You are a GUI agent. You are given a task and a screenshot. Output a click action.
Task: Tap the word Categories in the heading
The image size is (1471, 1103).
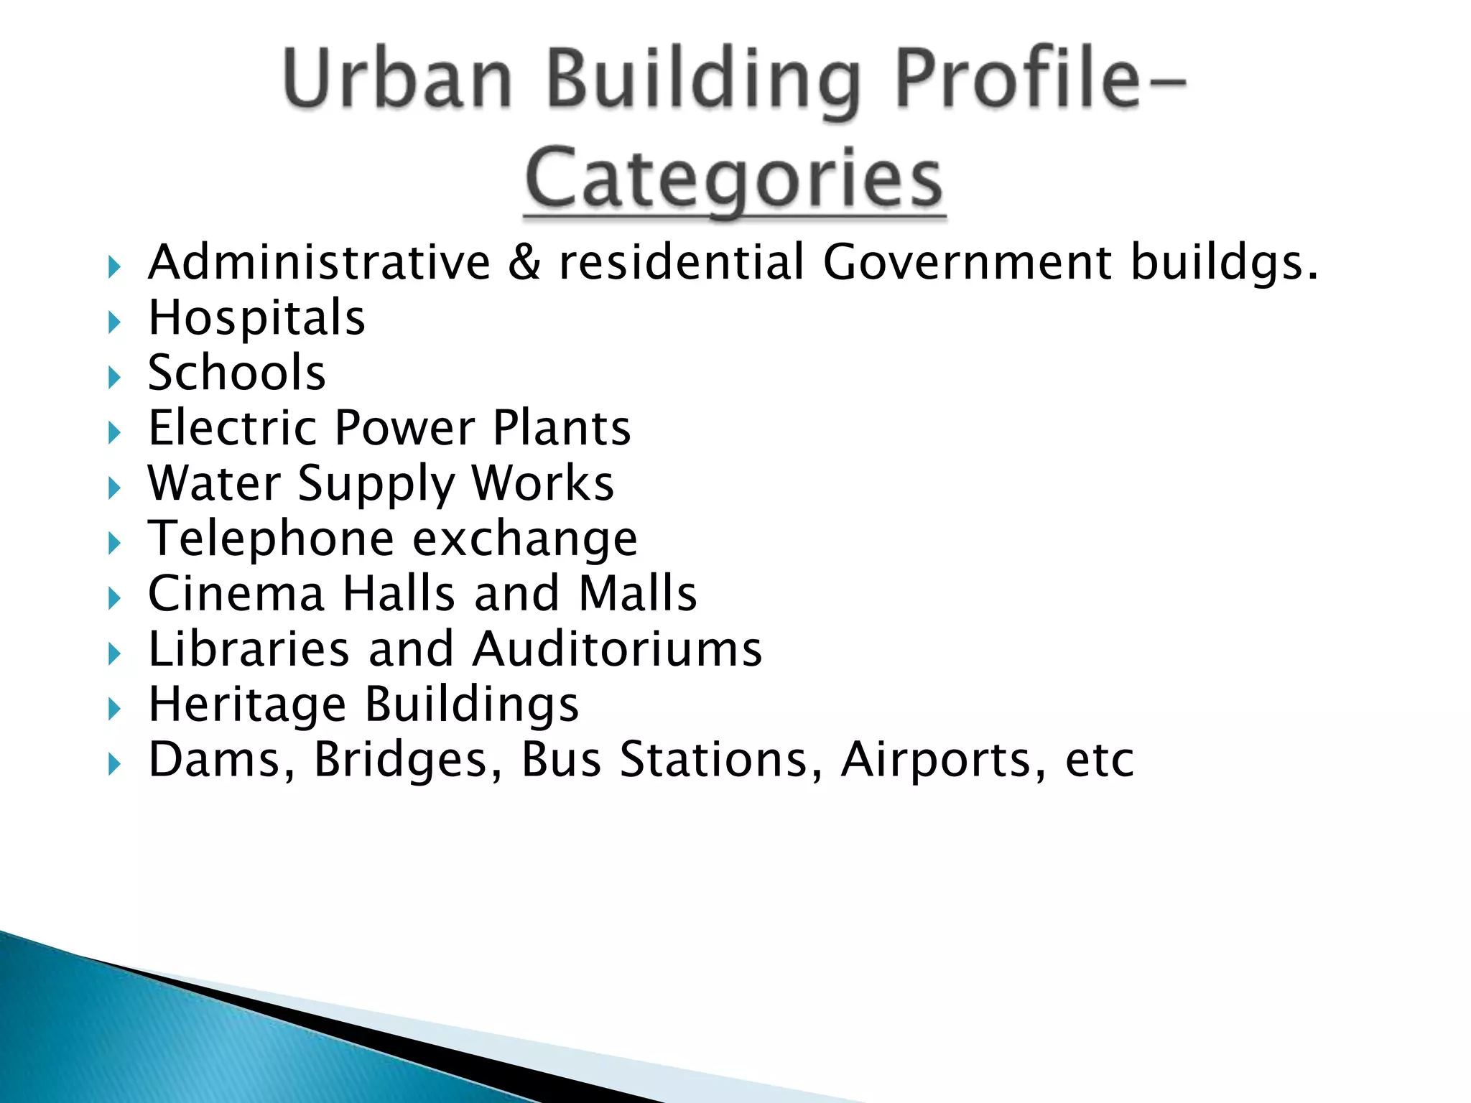(734, 177)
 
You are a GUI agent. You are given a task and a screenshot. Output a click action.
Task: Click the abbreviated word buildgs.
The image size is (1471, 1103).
(1224, 263)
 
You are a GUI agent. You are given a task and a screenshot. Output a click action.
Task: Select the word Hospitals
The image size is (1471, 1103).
(256, 317)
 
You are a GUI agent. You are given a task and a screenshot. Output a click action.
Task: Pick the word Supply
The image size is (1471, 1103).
(376, 484)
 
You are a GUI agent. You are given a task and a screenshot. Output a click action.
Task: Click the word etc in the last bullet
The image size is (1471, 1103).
(1099, 760)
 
